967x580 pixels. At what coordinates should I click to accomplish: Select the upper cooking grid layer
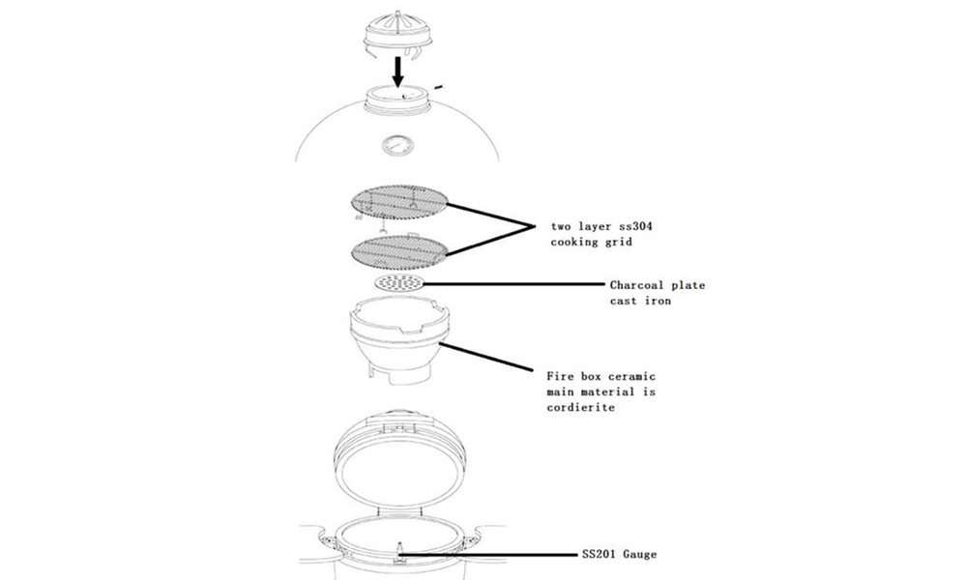(x=398, y=202)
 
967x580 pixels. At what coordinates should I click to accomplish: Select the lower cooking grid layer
(x=397, y=248)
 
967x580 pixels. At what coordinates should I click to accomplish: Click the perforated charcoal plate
(x=398, y=283)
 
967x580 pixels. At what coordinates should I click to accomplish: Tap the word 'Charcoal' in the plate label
(x=639, y=285)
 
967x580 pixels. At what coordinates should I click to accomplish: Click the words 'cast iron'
(x=641, y=301)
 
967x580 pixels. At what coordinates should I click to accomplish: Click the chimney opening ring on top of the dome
(x=397, y=96)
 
